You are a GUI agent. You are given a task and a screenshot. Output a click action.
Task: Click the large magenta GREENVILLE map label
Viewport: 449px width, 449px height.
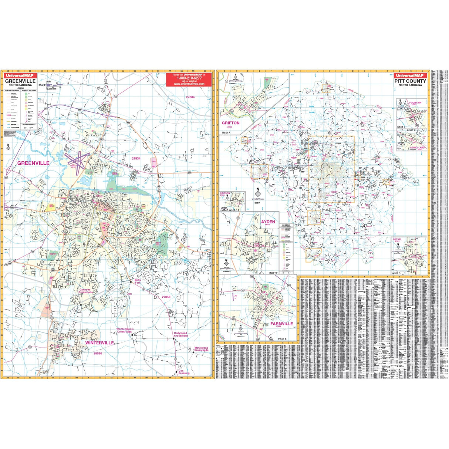click(33, 163)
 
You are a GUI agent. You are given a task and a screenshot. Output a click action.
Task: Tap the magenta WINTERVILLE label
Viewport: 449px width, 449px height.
click(99, 343)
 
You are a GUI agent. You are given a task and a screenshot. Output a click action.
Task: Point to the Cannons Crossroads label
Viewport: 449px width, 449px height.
click(86, 291)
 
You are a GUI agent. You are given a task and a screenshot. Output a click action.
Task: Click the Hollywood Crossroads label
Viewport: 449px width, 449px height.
click(181, 334)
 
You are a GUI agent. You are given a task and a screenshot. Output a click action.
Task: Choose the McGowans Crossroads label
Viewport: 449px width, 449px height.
click(201, 349)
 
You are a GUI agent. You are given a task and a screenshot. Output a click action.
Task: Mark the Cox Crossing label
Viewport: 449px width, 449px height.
click(183, 372)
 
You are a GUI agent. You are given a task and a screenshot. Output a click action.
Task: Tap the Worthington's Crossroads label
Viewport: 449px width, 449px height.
click(125, 330)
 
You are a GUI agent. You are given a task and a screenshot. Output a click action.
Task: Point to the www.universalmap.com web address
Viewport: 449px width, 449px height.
click(189, 84)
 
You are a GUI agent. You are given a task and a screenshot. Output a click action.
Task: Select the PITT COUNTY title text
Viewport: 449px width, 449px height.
click(410, 81)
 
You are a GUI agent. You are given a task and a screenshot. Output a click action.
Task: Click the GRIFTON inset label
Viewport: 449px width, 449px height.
click(230, 123)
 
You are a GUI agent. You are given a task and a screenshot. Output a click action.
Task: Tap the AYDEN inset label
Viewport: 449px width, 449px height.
click(268, 222)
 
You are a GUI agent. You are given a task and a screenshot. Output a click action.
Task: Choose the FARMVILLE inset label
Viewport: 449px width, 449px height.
click(281, 324)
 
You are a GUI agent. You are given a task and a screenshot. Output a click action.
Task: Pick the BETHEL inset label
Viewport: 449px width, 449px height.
click(397, 240)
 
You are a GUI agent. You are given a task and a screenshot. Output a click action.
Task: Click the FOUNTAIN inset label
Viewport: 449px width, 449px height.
click(415, 103)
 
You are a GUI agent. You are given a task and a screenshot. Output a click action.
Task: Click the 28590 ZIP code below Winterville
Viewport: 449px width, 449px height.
click(98, 354)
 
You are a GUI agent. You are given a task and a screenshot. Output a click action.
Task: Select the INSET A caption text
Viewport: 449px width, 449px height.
click(226, 132)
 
